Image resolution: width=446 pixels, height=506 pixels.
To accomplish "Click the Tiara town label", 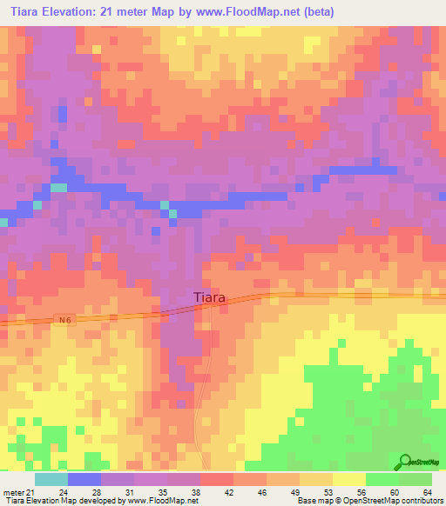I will pos(209,297).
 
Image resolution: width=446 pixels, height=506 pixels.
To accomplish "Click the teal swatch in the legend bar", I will pos(51,479).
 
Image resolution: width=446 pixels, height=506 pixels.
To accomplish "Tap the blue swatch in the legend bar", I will pos(84,479).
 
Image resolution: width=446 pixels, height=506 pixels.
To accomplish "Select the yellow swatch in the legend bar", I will pos(349,479).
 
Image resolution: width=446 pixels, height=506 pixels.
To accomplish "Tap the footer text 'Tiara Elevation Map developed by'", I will pos(60,501).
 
